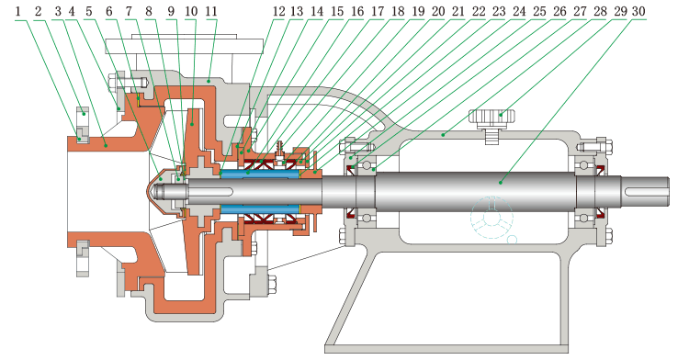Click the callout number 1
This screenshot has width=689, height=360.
[x=18, y=11]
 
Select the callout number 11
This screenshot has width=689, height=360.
[x=211, y=11]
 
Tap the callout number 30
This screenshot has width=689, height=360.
[x=638, y=11]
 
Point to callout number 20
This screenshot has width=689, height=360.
[x=438, y=11]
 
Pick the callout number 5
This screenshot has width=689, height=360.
[x=89, y=11]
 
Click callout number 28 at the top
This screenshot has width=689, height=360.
[x=600, y=11]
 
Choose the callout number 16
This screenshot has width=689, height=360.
[x=357, y=11]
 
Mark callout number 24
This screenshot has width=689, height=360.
[x=519, y=11]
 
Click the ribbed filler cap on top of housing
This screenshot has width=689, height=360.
[x=492, y=118]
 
